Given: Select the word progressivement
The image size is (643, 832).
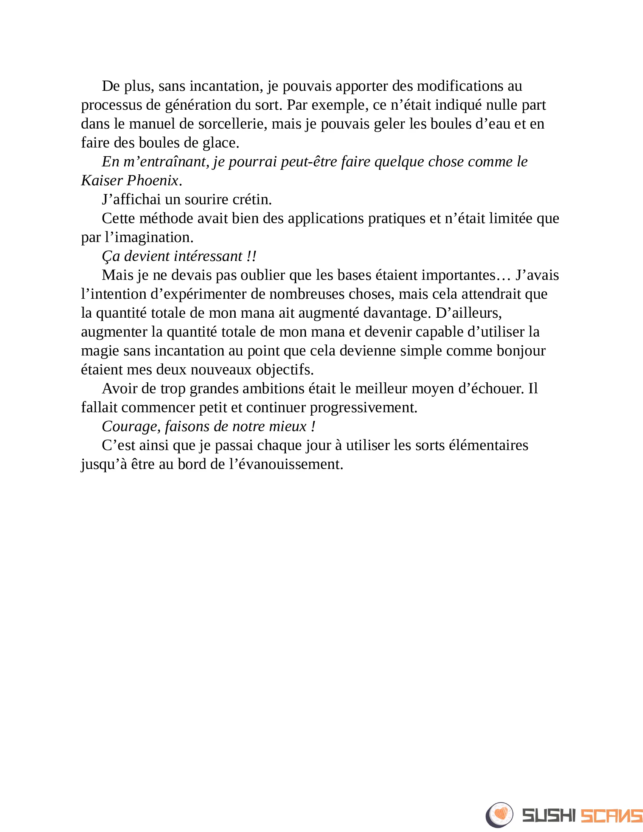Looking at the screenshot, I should tap(363, 408).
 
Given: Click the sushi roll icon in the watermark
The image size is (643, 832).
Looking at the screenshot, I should tap(499, 815).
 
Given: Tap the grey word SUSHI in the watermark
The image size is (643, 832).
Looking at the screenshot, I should tap(549, 816).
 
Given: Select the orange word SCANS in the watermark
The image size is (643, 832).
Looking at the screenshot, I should tap(611, 816).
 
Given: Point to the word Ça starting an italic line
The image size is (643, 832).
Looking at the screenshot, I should tap(111, 256).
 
